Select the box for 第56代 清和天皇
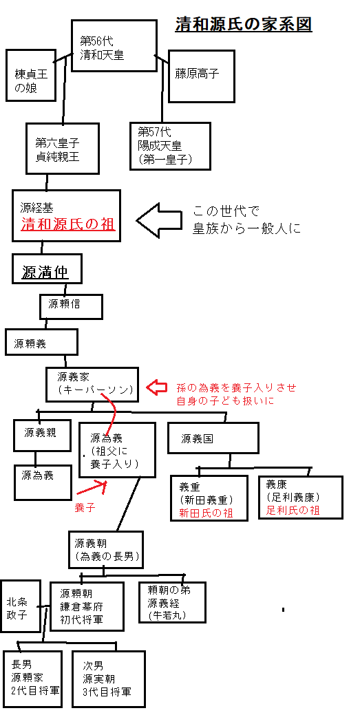114,45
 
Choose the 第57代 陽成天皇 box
169,145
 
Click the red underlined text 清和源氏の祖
67,224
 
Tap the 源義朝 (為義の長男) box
106,549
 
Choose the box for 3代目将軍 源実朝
108,679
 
